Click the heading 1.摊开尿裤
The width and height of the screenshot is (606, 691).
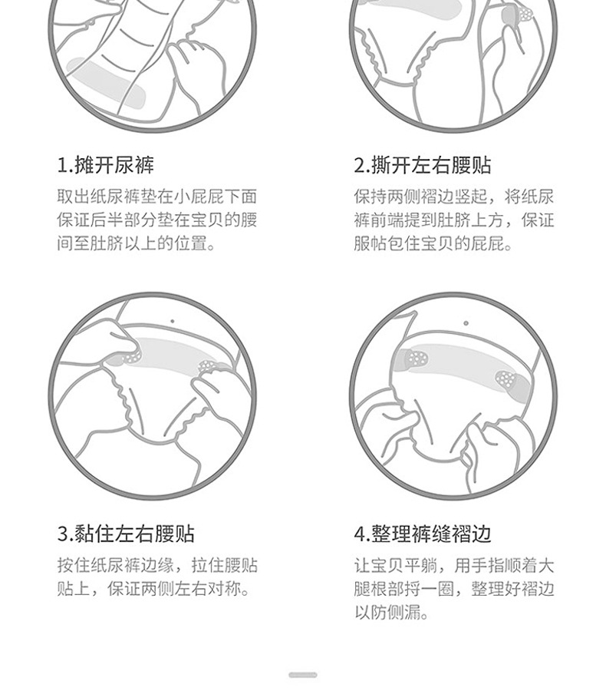tap(106, 165)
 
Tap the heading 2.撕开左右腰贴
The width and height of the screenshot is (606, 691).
tap(423, 165)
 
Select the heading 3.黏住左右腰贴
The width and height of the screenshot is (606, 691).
tap(126, 534)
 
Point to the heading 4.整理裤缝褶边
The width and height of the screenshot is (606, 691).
tap(423, 534)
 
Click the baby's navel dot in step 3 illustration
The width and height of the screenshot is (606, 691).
tap(172, 321)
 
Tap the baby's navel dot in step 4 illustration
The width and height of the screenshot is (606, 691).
tap(466, 323)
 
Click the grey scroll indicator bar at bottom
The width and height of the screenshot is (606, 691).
tap(303, 675)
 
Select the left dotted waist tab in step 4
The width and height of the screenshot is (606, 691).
tap(417, 357)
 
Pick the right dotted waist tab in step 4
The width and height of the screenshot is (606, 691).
tap(507, 379)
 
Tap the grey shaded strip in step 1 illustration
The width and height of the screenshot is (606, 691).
tap(106, 83)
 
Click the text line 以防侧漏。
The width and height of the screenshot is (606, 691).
tap(391, 612)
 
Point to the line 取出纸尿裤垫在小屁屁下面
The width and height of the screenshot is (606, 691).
tap(156, 197)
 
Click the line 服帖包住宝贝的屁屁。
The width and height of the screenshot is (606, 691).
tap(433, 243)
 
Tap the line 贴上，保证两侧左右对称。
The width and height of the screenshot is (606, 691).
tap(153, 588)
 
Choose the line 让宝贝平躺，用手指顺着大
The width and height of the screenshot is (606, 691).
tap(454, 565)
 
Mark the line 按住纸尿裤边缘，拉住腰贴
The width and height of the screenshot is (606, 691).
tap(157, 565)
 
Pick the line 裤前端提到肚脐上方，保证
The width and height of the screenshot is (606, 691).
tap(454, 220)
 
